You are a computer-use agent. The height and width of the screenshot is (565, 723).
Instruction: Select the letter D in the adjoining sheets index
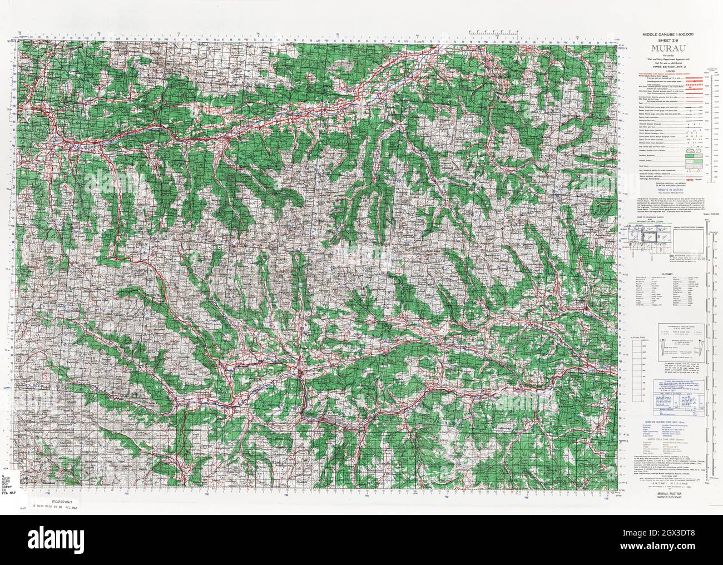pos(661,249)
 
